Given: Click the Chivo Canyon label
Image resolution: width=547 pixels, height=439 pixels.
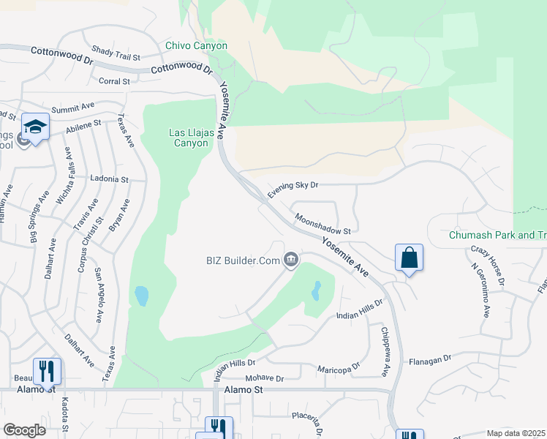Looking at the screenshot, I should click(196, 45).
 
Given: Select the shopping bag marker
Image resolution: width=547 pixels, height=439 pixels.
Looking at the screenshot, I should click(409, 258).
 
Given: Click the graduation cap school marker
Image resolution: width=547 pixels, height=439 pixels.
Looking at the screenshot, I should click(35, 126).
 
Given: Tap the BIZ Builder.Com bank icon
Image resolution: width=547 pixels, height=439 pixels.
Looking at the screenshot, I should click(291, 260).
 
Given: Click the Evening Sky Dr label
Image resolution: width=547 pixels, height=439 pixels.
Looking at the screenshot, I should click(293, 190).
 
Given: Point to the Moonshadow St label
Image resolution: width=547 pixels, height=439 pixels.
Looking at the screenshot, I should click(323, 224).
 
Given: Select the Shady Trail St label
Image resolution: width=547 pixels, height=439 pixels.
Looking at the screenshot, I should click(116, 53).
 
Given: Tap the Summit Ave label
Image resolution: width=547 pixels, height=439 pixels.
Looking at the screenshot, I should click(74, 107).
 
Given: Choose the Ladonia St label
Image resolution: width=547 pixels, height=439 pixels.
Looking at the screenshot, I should click(109, 179).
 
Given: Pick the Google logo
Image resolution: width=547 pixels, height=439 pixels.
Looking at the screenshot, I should click(24, 430).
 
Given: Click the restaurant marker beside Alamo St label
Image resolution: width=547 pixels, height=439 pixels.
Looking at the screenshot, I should click(47, 371).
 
